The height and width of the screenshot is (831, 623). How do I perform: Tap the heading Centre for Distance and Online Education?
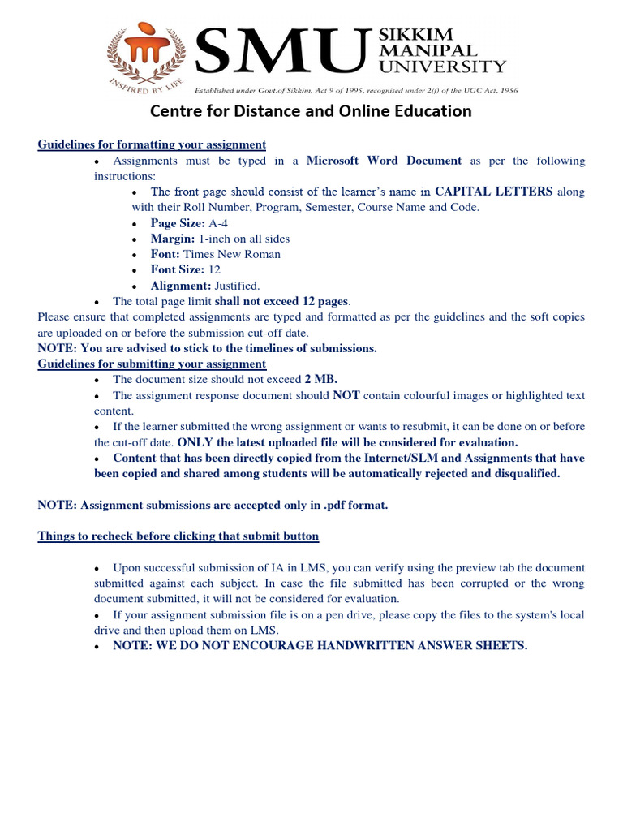tap(311, 111)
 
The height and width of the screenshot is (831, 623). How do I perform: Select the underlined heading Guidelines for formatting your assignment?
tap(152, 144)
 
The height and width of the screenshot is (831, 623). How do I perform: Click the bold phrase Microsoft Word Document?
tap(384, 161)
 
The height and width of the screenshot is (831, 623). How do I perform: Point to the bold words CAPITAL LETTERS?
tap(494, 192)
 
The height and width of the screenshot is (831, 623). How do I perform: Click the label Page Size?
tap(178, 223)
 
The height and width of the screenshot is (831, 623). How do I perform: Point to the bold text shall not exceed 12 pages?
tap(281, 301)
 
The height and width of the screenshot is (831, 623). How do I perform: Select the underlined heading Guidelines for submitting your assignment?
tap(152, 364)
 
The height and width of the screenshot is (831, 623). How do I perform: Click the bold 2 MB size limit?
tap(321, 379)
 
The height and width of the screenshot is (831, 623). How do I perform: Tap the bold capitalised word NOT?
tap(346, 395)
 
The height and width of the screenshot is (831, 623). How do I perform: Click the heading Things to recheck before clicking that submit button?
tap(178, 536)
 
